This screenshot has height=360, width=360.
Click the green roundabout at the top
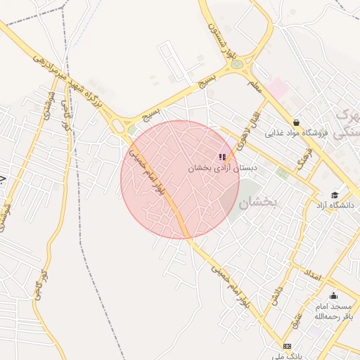pyautogui.click(x=237, y=64)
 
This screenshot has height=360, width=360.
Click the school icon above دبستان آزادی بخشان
pyautogui.click(x=222, y=157)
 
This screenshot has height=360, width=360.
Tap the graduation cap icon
pyautogui.click(x=335, y=195)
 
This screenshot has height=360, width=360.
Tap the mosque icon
pyautogui.click(x=333, y=295)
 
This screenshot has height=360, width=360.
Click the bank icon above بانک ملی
pyautogui.click(x=287, y=346)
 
